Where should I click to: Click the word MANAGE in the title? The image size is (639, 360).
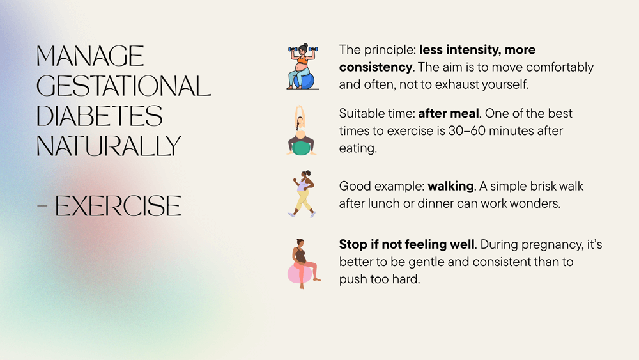click(x=90, y=57)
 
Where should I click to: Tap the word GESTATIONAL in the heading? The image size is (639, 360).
click(x=123, y=86)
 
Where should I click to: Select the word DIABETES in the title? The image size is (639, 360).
click(x=100, y=116)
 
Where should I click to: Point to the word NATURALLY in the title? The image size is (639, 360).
click(x=109, y=146)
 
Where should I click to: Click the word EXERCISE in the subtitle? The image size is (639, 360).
click(x=118, y=206)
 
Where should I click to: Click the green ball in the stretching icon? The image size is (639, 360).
click(x=301, y=148)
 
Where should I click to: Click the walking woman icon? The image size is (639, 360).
click(x=302, y=194)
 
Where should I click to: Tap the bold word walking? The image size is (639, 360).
click(x=450, y=187)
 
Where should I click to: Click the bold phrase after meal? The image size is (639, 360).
click(x=449, y=114)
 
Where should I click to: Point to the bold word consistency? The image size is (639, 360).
click(x=375, y=67)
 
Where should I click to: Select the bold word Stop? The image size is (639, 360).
click(x=353, y=245)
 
